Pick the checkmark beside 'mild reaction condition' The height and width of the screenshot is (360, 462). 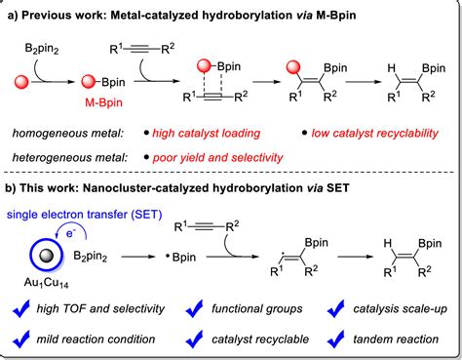22,340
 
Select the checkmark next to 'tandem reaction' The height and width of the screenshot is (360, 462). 323,340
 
